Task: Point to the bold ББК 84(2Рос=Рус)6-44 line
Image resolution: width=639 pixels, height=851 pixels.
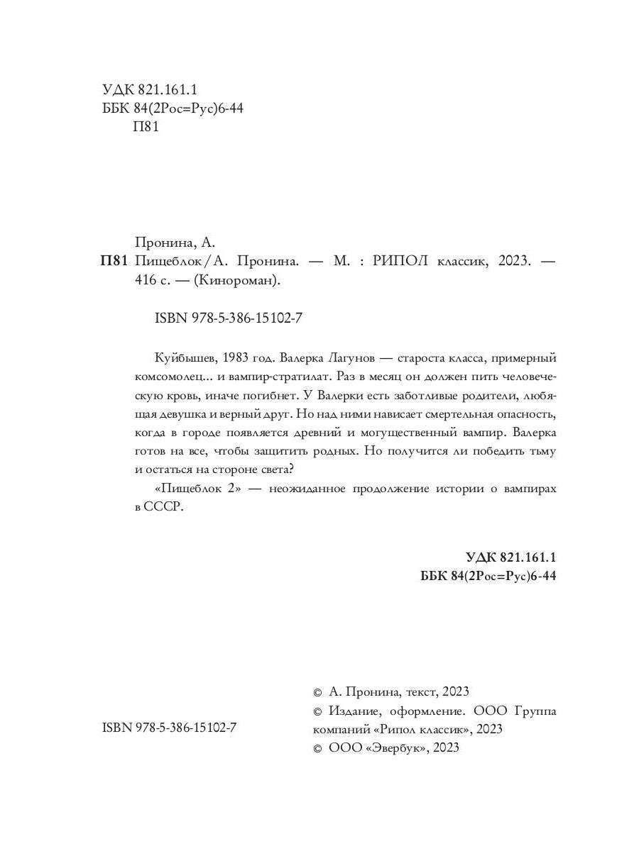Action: pyautogui.click(x=488, y=576)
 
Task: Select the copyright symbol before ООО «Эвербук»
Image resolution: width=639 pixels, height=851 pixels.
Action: pyautogui.click(x=317, y=748)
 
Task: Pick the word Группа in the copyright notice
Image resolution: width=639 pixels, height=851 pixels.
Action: pyautogui.click(x=536, y=711)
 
